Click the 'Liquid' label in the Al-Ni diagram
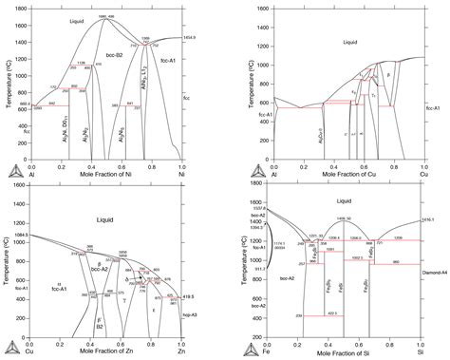[78, 20]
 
